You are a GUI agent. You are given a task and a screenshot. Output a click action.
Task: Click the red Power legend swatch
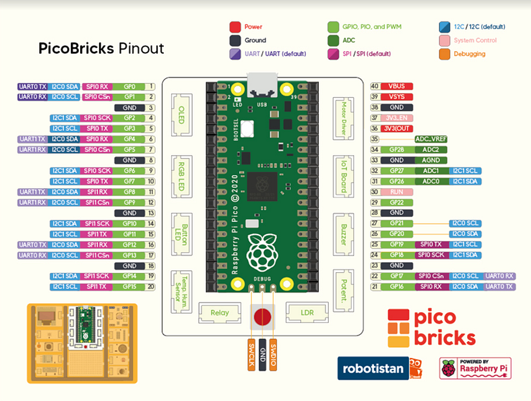coord(235,27)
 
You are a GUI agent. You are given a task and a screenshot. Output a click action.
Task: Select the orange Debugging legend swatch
coord(443,54)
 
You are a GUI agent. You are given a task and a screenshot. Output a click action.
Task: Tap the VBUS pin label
coord(397,86)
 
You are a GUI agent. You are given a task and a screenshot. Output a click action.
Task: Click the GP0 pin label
coord(129,86)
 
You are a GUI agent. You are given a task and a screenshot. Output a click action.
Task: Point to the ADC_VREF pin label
coord(431,139)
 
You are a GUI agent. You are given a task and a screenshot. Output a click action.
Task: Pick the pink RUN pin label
coord(397,191)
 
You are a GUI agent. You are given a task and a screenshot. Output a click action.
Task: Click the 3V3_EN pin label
coord(397,118)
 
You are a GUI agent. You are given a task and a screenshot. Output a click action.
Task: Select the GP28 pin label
coord(397,150)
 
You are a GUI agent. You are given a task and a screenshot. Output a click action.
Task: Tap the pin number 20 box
coord(152,286)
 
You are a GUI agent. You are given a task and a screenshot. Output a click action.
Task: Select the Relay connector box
coord(219,312)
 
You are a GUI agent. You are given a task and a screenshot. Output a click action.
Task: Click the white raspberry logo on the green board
coord(261,253)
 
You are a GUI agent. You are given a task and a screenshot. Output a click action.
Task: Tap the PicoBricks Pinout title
coord(102,49)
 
